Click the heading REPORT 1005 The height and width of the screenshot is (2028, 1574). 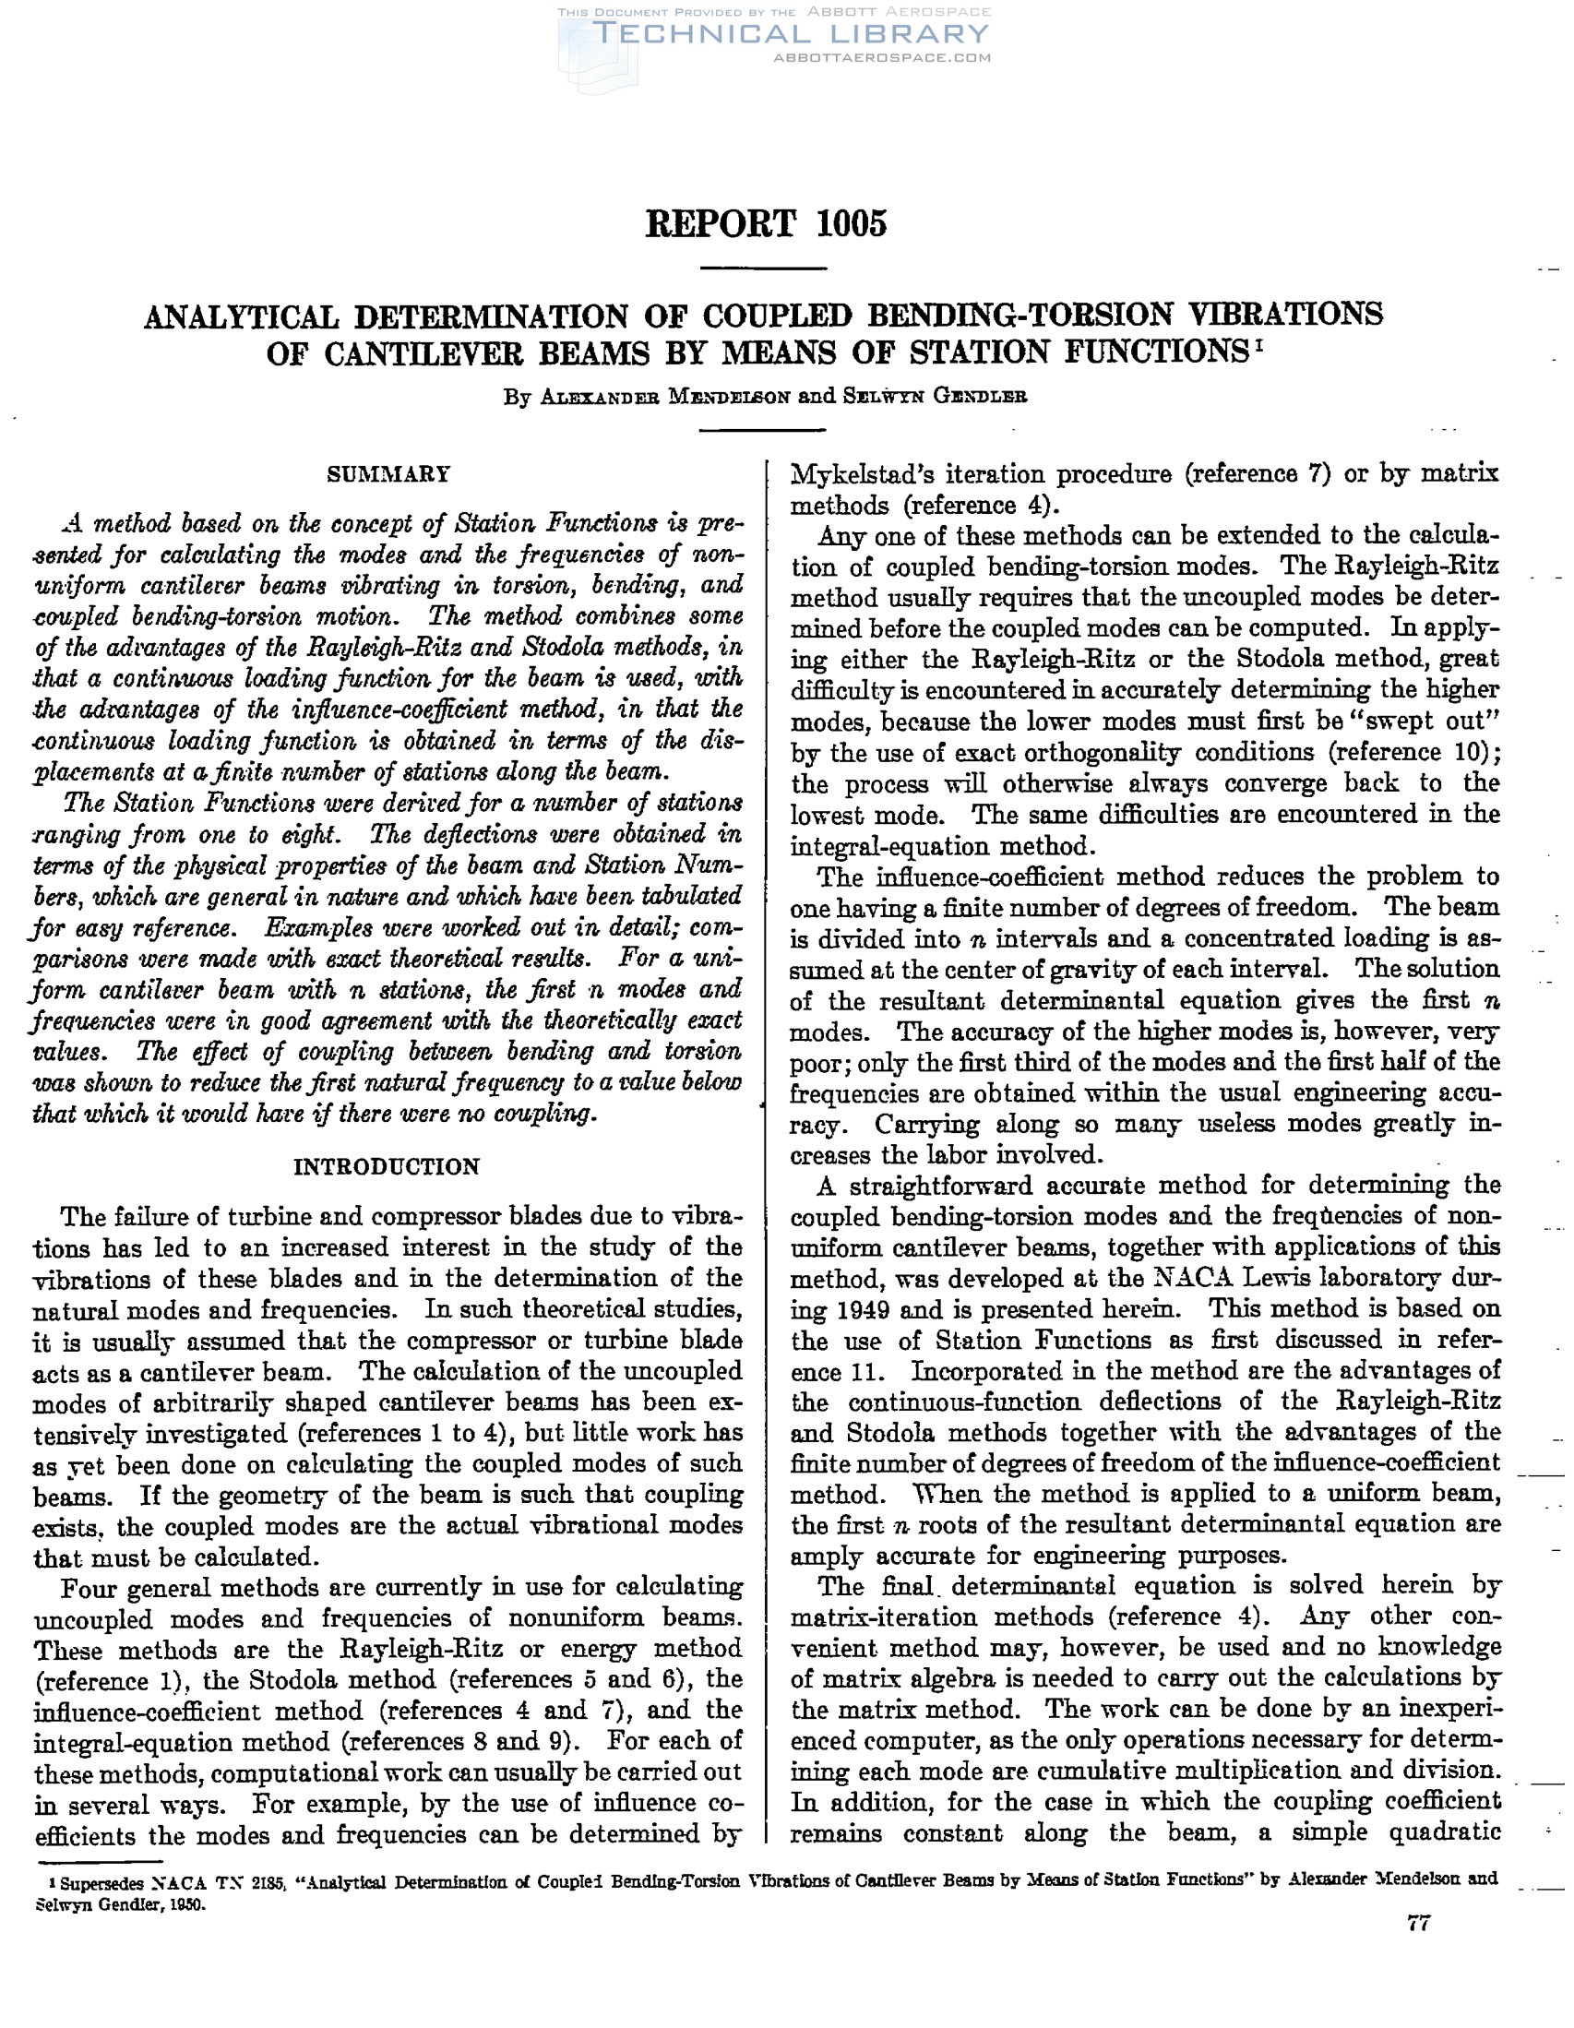[766, 224]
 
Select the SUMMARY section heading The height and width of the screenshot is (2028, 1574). [388, 474]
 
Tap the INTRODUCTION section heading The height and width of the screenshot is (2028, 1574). [387, 1167]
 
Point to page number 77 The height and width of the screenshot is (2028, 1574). [1418, 1923]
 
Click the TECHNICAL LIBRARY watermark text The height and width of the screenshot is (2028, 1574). [790, 34]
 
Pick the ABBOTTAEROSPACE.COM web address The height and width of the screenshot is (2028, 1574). [881, 57]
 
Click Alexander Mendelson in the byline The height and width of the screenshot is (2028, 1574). [666, 397]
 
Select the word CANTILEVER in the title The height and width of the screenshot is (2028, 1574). [419, 353]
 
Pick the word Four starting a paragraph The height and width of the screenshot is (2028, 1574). [89, 1588]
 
